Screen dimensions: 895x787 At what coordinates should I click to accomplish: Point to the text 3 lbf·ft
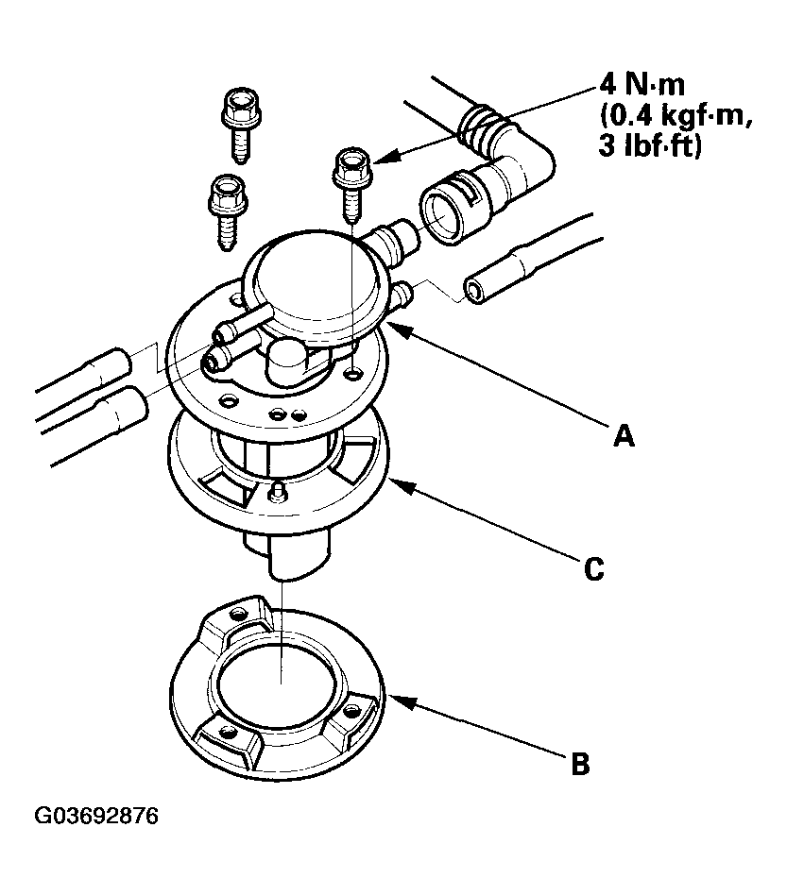pos(651,147)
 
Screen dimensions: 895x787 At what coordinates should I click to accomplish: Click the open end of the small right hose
pos(475,289)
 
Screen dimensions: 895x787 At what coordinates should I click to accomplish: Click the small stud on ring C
pos(278,492)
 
